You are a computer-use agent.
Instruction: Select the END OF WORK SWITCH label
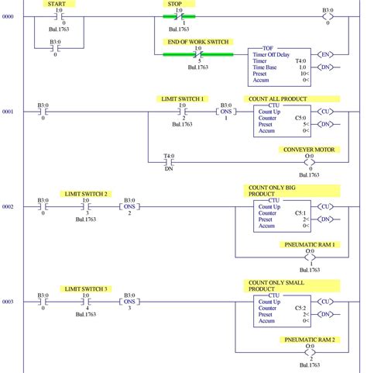(x=198, y=42)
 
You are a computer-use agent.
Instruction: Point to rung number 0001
(x=8, y=112)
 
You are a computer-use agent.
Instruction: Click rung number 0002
(x=8, y=207)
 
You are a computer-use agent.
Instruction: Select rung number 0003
(x=8, y=302)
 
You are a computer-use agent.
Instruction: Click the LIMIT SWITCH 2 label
(x=86, y=194)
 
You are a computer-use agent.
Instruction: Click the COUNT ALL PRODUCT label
(x=277, y=99)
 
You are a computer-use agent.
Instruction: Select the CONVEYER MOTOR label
(x=309, y=150)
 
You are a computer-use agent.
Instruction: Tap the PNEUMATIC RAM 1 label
(x=310, y=244)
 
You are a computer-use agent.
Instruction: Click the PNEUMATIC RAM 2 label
(x=310, y=340)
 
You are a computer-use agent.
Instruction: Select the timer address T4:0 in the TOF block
(x=300, y=61)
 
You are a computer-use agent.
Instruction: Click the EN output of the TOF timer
(x=327, y=54)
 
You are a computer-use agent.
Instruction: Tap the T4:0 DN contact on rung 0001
(x=168, y=162)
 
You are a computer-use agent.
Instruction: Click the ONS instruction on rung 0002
(x=129, y=207)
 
